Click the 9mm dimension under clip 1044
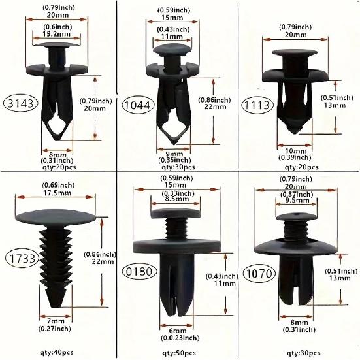(173, 152)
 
